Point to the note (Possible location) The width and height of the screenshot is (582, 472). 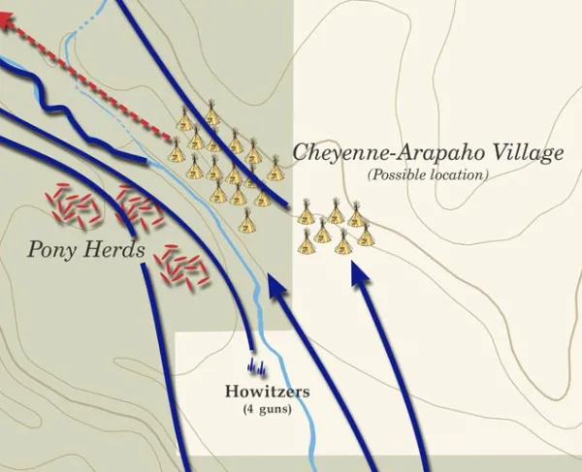pyautogui.click(x=427, y=175)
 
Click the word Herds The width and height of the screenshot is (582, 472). pyautogui.click(x=115, y=251)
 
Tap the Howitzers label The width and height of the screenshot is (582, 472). pyautogui.click(x=267, y=392)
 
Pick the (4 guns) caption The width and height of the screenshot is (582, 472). pyautogui.click(x=267, y=409)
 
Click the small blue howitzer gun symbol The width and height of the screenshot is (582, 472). pyautogui.click(x=257, y=366)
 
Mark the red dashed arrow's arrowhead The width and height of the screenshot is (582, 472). pyautogui.click(x=12, y=29)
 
